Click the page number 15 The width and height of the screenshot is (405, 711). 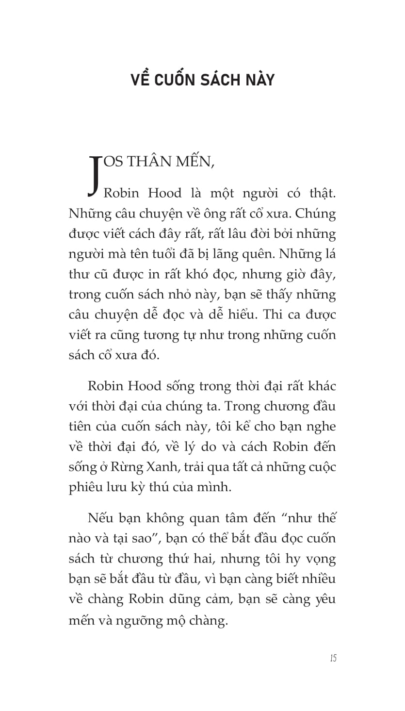coord(333,658)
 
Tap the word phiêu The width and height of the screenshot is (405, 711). coord(86,487)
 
